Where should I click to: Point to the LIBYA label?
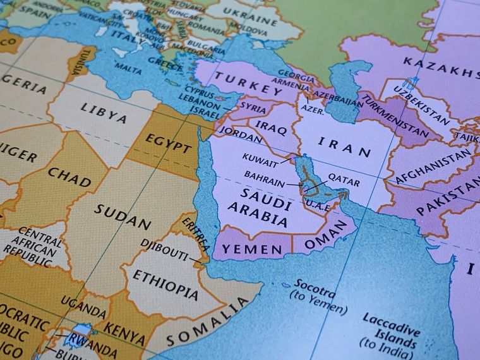[x=104, y=112]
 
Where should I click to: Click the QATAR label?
[x=344, y=181]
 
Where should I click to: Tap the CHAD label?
[x=69, y=176]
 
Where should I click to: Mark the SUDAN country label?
[x=123, y=216]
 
